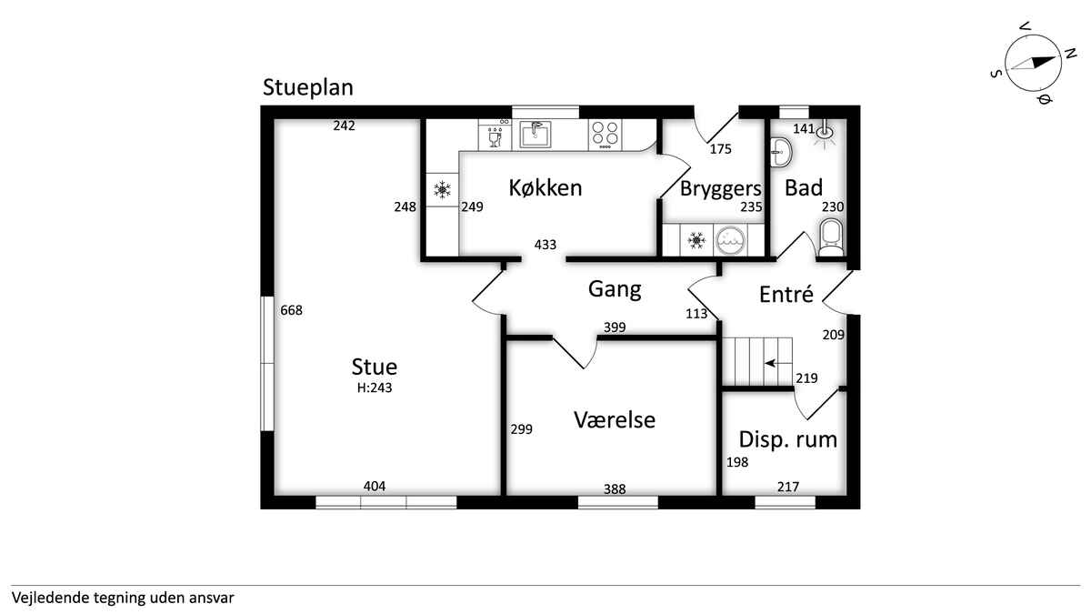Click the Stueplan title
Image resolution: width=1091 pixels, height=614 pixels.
[308, 87]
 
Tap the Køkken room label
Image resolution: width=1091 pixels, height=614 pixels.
[545, 187]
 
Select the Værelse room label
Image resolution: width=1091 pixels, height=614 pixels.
[615, 419]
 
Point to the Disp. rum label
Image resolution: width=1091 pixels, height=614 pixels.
[787, 439]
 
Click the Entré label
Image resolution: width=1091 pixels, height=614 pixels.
[786, 295]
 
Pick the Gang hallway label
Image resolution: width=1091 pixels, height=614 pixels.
[615, 289]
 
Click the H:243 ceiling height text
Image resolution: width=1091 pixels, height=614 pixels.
[374, 388]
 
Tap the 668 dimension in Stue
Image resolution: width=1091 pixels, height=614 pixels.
[291, 310]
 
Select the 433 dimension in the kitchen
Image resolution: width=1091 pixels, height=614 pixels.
[545, 245]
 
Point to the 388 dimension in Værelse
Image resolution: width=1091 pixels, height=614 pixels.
[615, 488]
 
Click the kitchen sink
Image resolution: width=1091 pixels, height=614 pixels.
[535, 135]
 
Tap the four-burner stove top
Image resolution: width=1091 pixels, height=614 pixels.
[605, 135]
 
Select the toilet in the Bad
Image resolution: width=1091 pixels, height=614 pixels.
[831, 237]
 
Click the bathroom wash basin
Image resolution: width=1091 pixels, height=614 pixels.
[781, 153]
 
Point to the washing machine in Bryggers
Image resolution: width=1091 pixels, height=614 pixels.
[729, 240]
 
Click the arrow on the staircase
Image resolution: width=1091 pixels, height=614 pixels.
[771, 364]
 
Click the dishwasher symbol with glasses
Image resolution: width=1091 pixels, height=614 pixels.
[495, 137]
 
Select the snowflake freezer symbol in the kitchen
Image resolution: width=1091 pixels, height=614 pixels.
[442, 189]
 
